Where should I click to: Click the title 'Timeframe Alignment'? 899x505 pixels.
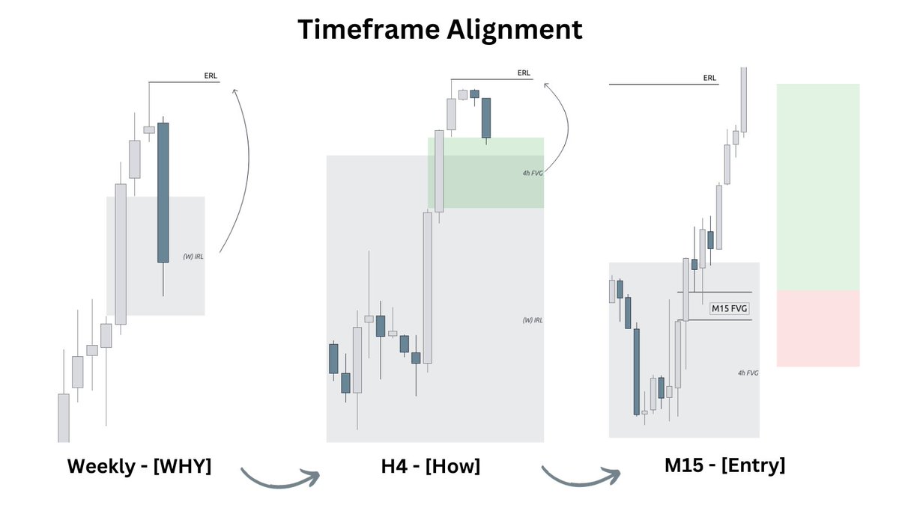[x=440, y=29]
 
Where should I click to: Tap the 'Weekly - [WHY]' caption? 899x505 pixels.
[x=139, y=466]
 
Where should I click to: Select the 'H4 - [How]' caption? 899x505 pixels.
[x=430, y=466]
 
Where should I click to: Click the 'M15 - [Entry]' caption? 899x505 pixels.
[x=724, y=465]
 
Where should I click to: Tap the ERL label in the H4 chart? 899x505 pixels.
[x=524, y=73]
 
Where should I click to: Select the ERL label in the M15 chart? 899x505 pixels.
[x=709, y=78]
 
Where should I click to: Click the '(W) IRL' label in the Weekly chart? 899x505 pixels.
[x=193, y=257]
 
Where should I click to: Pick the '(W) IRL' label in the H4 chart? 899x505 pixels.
[x=533, y=320]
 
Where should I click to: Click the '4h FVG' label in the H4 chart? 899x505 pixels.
[x=533, y=173]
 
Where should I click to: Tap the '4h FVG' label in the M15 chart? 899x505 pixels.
[x=748, y=372]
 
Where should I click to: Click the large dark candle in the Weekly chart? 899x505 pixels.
[x=163, y=192]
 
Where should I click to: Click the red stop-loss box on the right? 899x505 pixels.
[x=817, y=329]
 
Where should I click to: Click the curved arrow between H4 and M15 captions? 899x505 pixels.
[x=581, y=477]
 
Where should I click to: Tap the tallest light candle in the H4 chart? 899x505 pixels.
[x=428, y=288]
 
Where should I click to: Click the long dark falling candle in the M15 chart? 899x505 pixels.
[x=636, y=370]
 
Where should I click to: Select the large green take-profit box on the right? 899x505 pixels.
[x=817, y=187]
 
